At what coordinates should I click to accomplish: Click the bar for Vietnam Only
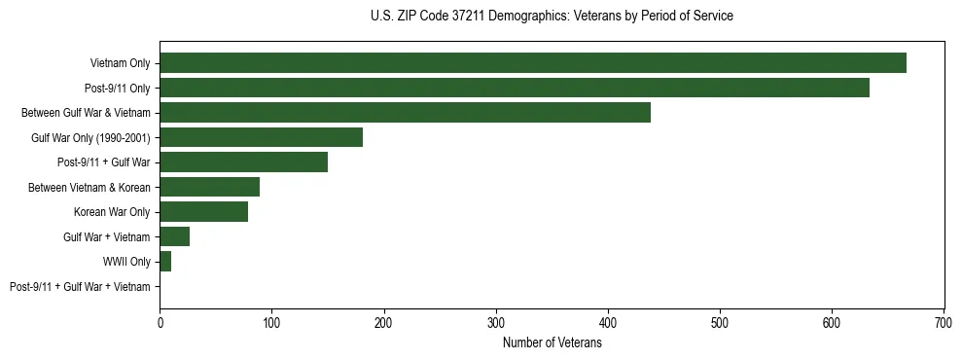[533, 63]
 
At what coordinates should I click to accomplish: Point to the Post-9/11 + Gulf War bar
[243, 162]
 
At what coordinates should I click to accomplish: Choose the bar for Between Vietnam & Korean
[209, 187]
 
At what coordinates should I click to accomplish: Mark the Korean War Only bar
[203, 212]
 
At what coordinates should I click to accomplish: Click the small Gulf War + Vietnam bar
[174, 236]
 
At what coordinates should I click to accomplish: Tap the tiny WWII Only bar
[165, 262]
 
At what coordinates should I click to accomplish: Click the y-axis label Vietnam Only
[121, 63]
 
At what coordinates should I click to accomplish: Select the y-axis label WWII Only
[127, 262]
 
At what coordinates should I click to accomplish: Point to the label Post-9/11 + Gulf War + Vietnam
[80, 287]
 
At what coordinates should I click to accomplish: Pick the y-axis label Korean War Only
[113, 212]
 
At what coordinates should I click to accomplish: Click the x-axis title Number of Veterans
[552, 342]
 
